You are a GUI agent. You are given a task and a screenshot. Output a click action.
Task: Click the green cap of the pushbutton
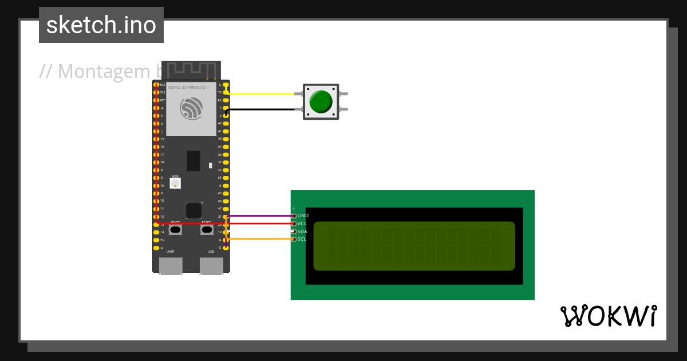(x=320, y=101)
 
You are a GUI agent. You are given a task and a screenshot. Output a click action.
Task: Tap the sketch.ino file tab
(x=101, y=25)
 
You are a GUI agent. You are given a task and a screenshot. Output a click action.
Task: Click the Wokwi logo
(x=608, y=316)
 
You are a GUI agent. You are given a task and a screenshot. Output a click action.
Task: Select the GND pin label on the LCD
(x=303, y=215)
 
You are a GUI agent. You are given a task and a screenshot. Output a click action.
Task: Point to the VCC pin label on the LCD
(x=302, y=223)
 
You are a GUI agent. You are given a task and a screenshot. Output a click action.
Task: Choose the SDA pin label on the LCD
(x=302, y=231)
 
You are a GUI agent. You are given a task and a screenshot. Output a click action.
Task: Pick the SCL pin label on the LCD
(x=302, y=239)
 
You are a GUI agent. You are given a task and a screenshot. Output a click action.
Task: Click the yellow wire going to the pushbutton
(x=263, y=94)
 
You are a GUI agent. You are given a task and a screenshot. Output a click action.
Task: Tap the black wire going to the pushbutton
(x=263, y=109)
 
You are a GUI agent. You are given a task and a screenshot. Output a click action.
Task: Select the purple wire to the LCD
(x=260, y=216)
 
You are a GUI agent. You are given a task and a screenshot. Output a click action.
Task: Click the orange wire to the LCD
(x=260, y=239)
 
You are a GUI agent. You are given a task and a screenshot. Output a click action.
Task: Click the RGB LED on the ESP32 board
(x=175, y=183)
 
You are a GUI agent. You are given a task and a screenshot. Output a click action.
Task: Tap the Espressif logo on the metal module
(x=191, y=108)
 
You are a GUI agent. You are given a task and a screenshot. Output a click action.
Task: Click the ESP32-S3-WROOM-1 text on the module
(x=188, y=87)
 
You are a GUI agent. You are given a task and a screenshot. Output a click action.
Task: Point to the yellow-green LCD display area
(x=414, y=246)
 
